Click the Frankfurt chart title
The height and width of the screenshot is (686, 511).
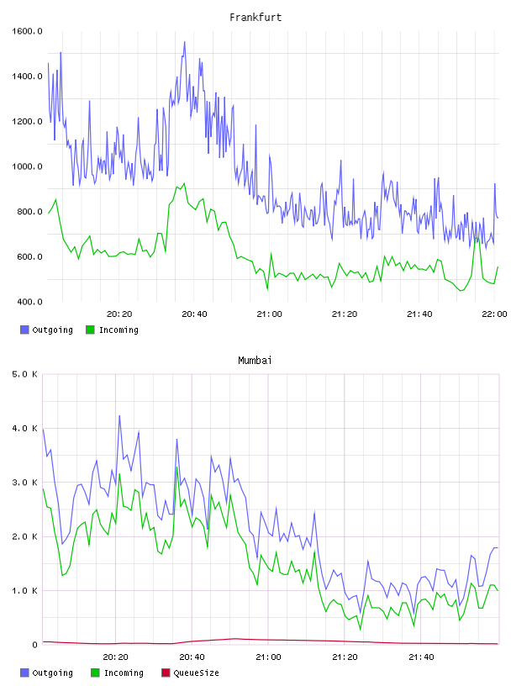(x=255, y=18)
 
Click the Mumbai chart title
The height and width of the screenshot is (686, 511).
(x=255, y=361)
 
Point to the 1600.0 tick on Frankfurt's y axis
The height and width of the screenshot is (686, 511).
(x=27, y=31)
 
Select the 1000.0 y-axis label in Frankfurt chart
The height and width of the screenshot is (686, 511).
(x=27, y=166)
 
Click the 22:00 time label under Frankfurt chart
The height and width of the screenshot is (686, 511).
(x=494, y=314)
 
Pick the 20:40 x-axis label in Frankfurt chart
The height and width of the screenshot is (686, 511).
(x=194, y=314)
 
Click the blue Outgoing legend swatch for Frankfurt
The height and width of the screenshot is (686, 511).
(x=24, y=330)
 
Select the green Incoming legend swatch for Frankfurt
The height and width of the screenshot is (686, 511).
(x=90, y=330)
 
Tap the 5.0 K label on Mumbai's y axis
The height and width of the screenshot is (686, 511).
(x=24, y=374)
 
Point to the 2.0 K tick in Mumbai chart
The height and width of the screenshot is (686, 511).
(x=24, y=536)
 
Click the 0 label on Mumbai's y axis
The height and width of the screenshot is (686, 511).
(x=35, y=645)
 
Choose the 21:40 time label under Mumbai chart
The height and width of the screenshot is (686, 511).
(x=421, y=657)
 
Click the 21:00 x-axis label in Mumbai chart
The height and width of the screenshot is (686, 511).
(x=268, y=657)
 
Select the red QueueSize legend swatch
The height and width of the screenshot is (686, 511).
(x=166, y=673)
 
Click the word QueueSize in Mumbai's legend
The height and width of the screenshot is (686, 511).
(x=196, y=673)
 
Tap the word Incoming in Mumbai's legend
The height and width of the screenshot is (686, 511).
(x=124, y=673)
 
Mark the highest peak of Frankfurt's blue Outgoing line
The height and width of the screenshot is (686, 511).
(x=185, y=42)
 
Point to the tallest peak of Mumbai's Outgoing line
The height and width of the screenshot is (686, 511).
(x=119, y=416)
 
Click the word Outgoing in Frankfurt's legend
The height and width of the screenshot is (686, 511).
(x=52, y=330)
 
